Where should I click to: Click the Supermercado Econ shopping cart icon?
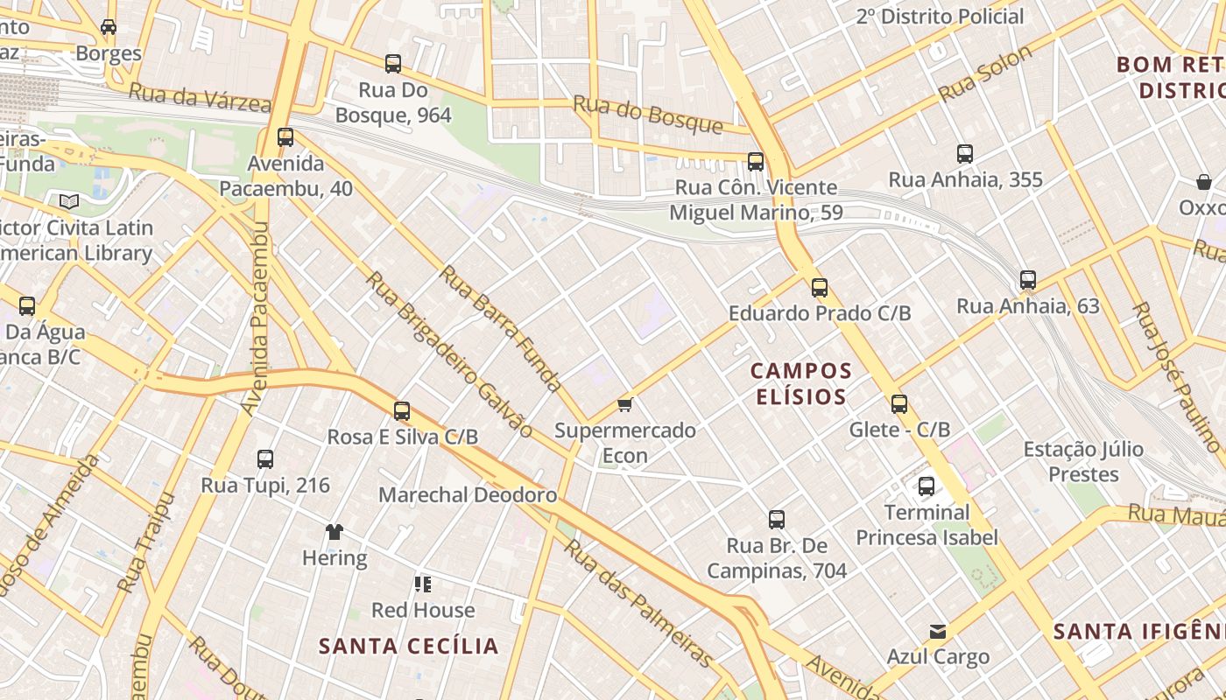624,404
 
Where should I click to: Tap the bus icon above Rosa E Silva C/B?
402,410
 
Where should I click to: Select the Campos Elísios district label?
800,384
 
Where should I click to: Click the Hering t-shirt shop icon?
334,531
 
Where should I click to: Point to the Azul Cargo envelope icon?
938,631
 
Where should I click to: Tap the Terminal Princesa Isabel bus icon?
927,486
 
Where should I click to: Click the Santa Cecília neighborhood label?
408,647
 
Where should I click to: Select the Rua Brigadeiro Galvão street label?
448,354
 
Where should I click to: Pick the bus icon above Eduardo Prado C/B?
820,287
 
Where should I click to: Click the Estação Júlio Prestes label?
1084,462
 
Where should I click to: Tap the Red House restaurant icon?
423,584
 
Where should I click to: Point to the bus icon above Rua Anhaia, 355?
965,154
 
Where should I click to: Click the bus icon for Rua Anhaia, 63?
1028,280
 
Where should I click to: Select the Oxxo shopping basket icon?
1204,182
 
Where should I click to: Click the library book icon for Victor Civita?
69,201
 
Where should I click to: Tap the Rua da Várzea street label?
200,97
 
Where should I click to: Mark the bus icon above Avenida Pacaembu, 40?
285,137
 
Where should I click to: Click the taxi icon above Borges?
109,27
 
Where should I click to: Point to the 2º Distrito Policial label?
940,17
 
